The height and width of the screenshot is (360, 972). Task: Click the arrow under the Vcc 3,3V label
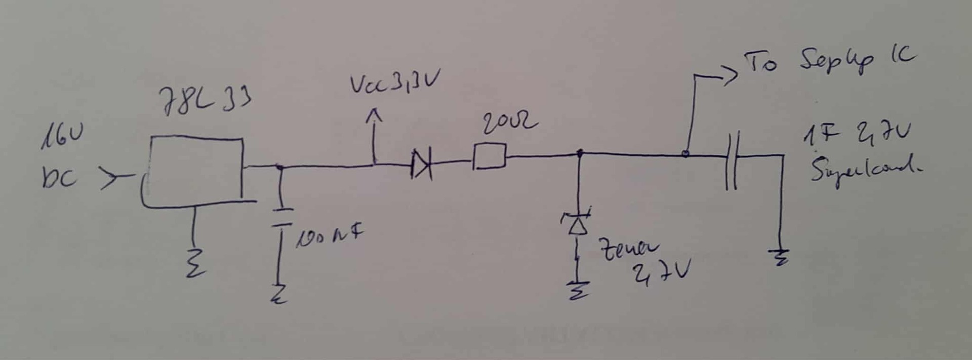point(374,117)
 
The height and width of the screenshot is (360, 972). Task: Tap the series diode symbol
point(421,165)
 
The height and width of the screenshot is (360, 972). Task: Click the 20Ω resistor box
point(489,157)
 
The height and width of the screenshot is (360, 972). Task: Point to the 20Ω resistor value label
point(509,123)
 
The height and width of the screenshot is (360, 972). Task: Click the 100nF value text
point(330,236)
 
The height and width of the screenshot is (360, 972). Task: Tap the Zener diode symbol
point(577,222)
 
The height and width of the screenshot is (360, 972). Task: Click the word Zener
point(628,249)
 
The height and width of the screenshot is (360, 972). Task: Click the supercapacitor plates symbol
point(732,160)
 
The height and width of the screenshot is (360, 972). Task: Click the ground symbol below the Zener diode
point(577,290)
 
